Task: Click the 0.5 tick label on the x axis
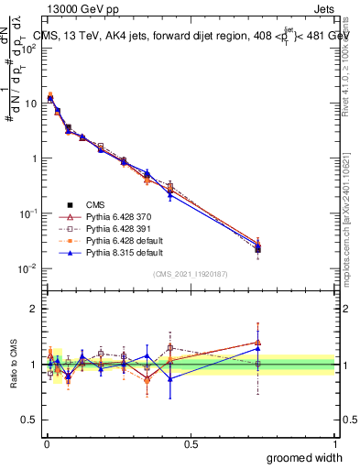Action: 191,442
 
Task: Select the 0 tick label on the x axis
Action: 46,442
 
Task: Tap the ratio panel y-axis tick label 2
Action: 33,310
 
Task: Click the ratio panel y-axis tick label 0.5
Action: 30,420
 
